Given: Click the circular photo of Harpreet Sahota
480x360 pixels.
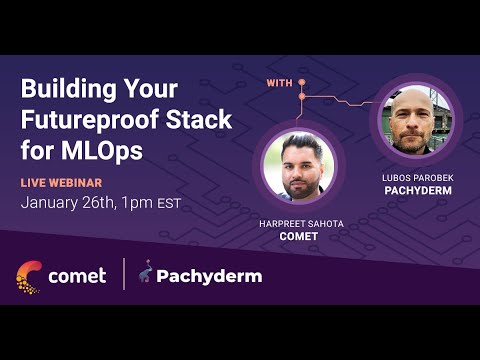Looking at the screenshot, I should click(300, 165).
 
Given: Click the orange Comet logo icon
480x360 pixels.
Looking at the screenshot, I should click(29, 276).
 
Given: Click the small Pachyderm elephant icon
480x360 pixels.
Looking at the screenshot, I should click(146, 274).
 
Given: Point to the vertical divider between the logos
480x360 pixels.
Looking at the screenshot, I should click(124, 275).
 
